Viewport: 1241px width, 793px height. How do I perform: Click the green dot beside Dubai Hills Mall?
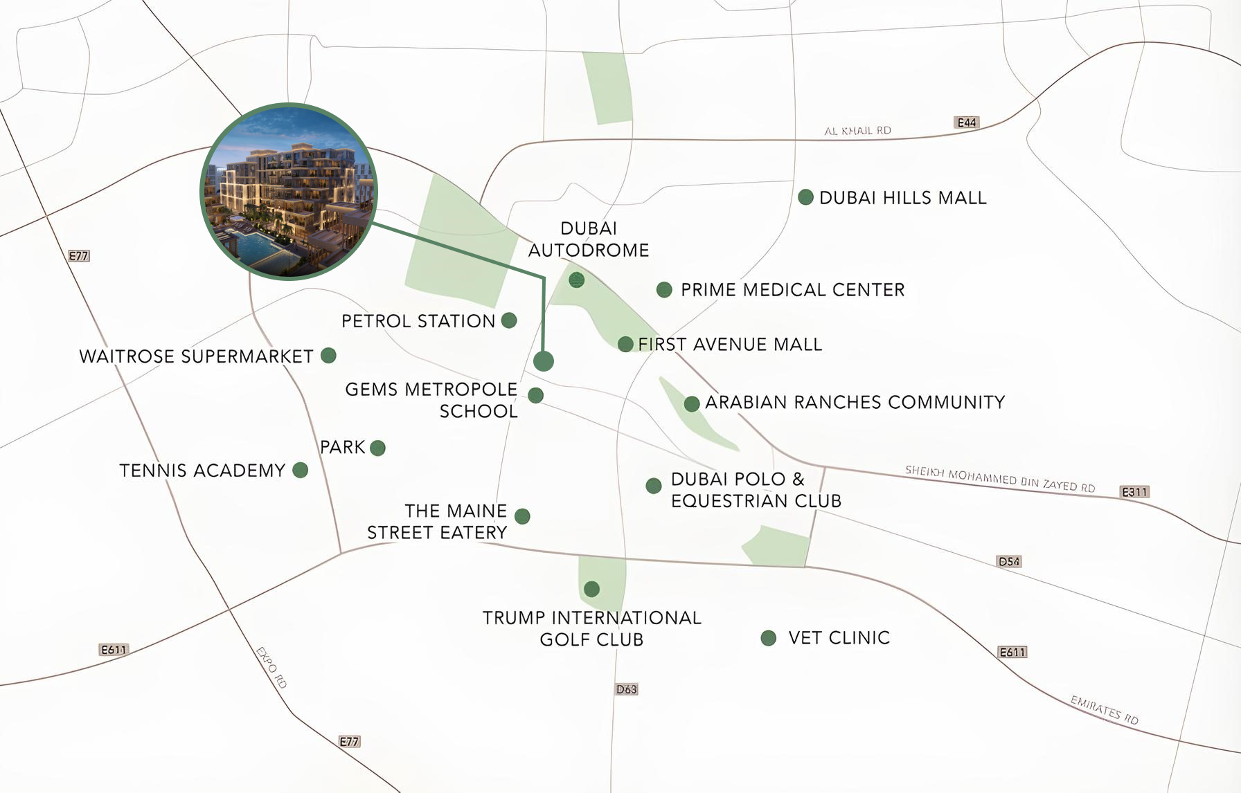coord(805,197)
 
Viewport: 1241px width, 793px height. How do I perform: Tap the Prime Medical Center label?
coord(792,290)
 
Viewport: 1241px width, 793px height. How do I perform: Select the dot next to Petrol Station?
coord(509,320)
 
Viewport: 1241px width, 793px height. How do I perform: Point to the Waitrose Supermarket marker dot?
coord(328,356)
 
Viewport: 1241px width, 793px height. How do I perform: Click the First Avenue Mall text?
coord(730,345)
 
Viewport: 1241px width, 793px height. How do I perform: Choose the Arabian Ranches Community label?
coord(855,402)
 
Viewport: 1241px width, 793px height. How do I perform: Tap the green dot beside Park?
coord(377,448)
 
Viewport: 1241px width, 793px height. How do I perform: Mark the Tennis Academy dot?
coord(300,471)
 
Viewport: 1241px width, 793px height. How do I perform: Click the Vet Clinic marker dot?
coord(768,638)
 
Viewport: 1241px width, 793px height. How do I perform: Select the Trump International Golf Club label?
coord(591,628)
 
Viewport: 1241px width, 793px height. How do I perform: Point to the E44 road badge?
coord(966,122)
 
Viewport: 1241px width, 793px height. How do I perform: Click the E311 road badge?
coord(1134,492)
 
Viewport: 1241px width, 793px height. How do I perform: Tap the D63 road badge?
coord(626,689)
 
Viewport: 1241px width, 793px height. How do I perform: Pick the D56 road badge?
coord(1009,561)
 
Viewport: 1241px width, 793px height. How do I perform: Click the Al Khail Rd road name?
coord(857,130)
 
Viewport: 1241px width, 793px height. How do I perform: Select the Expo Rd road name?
coord(271,667)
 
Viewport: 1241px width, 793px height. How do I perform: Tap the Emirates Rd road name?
coord(1104,710)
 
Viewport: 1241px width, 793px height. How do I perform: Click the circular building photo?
coord(288,192)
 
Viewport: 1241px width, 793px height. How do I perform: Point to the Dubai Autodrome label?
coord(589,239)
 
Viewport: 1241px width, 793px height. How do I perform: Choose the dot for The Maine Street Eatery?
coord(522,516)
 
